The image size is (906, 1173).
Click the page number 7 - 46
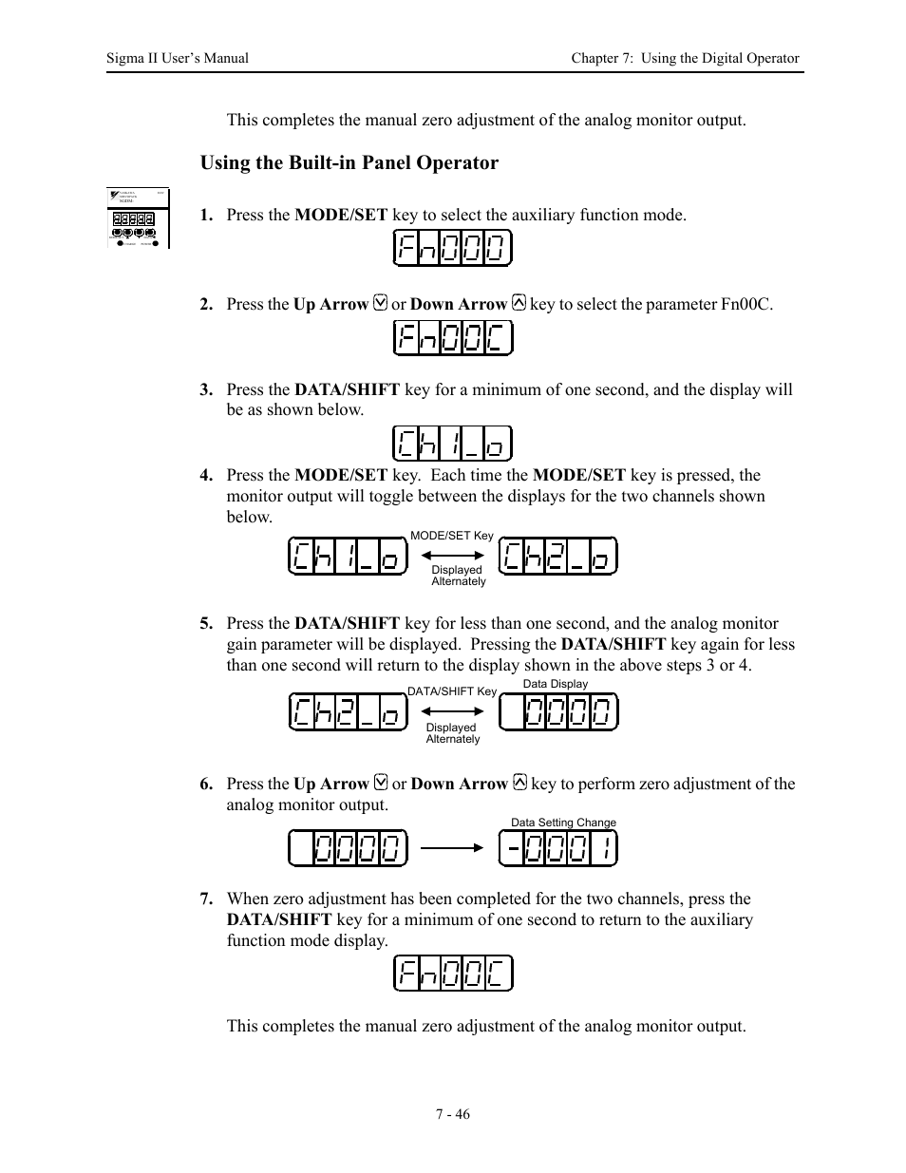pyautogui.click(x=453, y=1114)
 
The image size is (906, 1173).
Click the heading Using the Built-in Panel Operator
pyautogui.click(x=349, y=162)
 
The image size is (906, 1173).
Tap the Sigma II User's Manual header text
pyautogui.click(x=178, y=58)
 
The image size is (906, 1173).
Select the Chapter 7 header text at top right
pyautogui.click(x=684, y=58)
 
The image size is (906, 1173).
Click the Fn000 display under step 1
pyautogui.click(x=452, y=250)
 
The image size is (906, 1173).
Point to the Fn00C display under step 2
pyautogui.click(x=452, y=338)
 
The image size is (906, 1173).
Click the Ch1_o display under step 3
pyautogui.click(x=452, y=444)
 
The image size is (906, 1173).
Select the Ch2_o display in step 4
pyautogui.click(x=558, y=557)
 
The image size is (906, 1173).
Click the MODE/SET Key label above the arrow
pyautogui.click(x=452, y=536)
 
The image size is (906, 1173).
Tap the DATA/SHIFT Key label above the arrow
pyautogui.click(x=452, y=691)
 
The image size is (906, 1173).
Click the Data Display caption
pyautogui.click(x=556, y=684)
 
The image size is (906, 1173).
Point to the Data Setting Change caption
pyautogui.click(x=563, y=823)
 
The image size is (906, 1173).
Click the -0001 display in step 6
pyautogui.click(x=558, y=848)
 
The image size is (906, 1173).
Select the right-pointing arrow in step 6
pyautogui.click(x=452, y=848)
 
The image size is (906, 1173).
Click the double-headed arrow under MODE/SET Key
pyautogui.click(x=452, y=556)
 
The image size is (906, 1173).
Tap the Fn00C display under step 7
pyautogui.click(x=452, y=974)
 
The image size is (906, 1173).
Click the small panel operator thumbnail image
pyautogui.click(x=139, y=218)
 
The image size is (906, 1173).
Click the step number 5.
pyautogui.click(x=206, y=624)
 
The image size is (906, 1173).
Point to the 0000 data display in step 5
pyautogui.click(x=558, y=712)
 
